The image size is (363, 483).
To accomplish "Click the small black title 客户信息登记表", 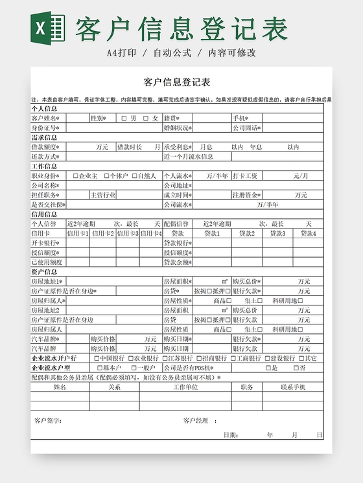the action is coord(176,82).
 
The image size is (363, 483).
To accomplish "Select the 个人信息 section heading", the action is coord(44,109).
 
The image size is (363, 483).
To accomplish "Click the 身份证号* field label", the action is coord(46,128).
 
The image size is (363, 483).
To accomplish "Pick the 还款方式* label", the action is coord(45,157).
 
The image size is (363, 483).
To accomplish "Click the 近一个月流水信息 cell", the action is coord(189,157).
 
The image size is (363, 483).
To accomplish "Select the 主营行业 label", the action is coord(102,195).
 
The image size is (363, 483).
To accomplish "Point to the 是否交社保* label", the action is coord(47,205).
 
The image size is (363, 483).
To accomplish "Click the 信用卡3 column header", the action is coord(128,233).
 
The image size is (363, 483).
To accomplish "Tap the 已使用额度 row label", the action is coord(47,262).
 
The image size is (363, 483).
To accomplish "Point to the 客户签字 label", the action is coord(48,421).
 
